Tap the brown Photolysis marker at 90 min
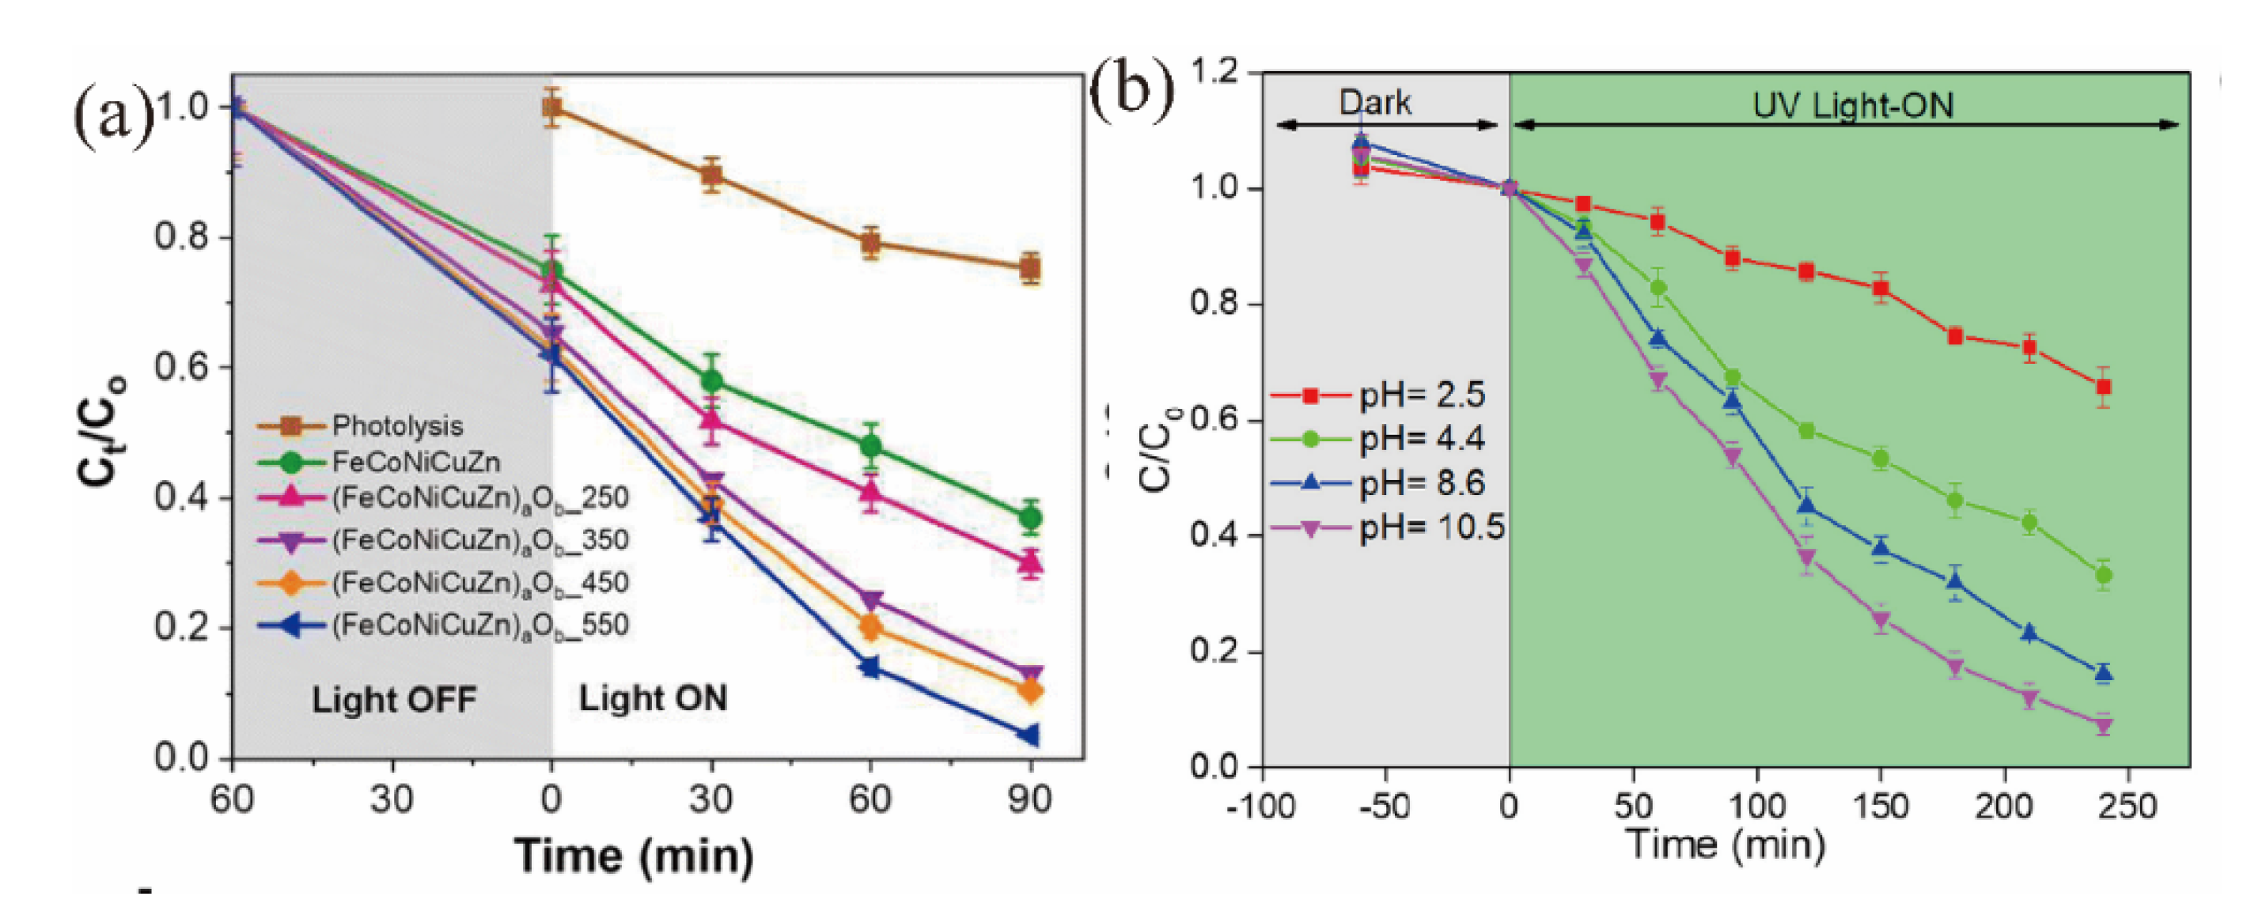point(1030,268)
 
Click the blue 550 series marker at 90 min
point(1030,735)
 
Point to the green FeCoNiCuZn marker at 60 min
point(870,446)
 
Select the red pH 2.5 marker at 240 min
point(2103,388)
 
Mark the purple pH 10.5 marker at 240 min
point(2103,725)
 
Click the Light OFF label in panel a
point(394,701)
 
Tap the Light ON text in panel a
point(653,699)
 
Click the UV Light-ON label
point(1853,105)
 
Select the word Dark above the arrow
point(1374,103)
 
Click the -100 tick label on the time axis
point(1260,806)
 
